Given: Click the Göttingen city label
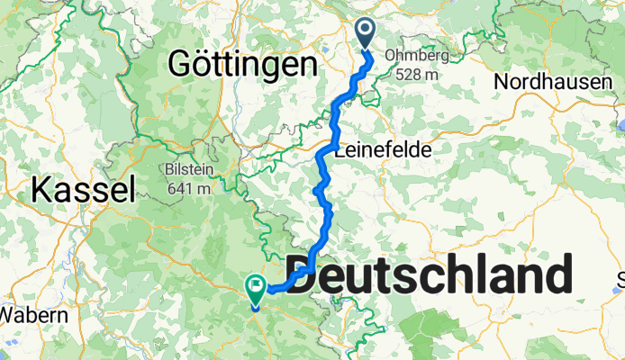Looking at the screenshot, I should click(x=243, y=65).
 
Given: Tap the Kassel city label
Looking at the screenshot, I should click(x=83, y=189).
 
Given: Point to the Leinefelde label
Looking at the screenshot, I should click(x=382, y=149).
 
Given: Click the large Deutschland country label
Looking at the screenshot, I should click(x=430, y=275).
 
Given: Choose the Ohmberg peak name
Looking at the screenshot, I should click(x=416, y=55).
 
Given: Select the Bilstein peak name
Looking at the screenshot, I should click(x=188, y=169).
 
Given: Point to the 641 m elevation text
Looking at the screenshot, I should click(x=188, y=188).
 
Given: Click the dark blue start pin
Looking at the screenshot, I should click(x=367, y=32).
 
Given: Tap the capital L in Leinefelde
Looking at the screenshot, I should click(x=340, y=149).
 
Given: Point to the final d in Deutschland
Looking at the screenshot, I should click(x=556, y=275).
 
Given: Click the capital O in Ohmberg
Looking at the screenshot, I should click(x=391, y=55).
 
